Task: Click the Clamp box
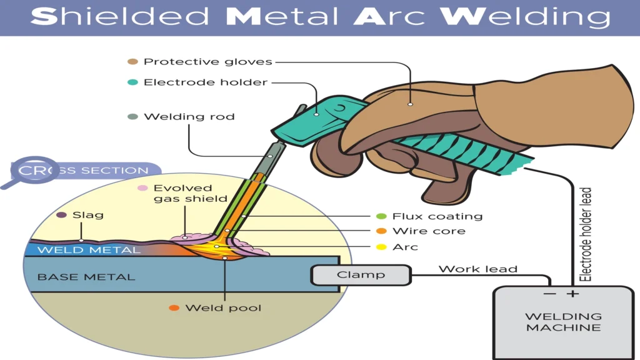click(361, 275)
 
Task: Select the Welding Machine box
click(563, 322)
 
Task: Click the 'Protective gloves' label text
click(208, 62)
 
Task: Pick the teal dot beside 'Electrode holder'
click(132, 82)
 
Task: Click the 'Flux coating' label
click(437, 216)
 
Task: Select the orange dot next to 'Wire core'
click(381, 231)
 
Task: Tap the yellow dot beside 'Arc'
click(381, 247)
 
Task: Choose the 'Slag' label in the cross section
click(88, 215)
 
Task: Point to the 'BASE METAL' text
click(86, 276)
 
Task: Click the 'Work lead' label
click(477, 269)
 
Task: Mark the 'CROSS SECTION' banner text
click(84, 171)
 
